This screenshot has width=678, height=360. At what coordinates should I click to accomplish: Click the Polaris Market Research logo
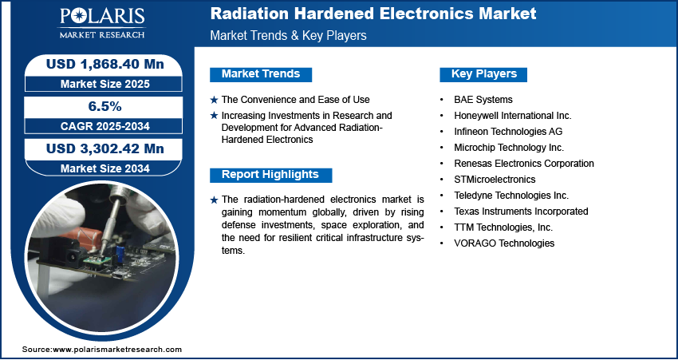point(102,22)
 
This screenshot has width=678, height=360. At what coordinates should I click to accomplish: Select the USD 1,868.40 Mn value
point(105,64)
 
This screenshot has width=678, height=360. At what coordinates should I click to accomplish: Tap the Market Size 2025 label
point(105,84)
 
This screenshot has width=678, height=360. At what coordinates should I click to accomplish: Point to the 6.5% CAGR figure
point(105,106)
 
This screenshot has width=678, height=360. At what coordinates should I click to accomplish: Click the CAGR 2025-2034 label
point(105,126)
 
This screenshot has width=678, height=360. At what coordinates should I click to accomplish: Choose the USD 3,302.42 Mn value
point(105,148)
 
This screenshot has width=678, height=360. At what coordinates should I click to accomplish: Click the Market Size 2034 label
point(105,168)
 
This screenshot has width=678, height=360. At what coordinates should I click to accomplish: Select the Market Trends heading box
point(261,74)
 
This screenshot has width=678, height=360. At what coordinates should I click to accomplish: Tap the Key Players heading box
point(483,74)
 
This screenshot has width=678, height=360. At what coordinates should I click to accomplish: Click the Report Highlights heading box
point(270,175)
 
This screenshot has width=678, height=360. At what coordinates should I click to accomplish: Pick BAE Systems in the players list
point(483,100)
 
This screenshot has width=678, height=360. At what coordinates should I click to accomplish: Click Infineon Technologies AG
point(508,132)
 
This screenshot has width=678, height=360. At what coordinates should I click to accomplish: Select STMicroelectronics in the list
point(495,179)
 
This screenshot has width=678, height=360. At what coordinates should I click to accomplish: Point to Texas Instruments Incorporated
point(521,212)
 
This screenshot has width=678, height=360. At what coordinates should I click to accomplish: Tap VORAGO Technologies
point(504,243)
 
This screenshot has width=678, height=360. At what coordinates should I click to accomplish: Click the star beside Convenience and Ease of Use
point(214,100)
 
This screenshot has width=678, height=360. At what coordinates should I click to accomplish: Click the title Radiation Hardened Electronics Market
point(373,14)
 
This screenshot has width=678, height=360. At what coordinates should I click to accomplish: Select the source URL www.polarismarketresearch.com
point(117,349)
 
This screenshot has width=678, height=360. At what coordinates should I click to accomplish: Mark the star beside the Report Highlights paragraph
point(214,200)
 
